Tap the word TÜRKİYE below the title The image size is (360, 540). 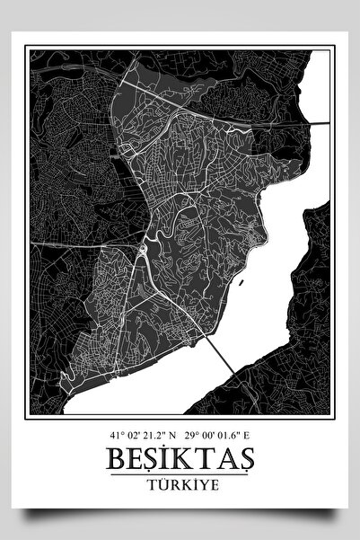[180, 482]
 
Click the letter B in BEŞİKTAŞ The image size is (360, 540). [115, 456]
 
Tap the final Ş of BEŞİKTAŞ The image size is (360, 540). [245, 456]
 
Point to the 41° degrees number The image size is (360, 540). [115, 433]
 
